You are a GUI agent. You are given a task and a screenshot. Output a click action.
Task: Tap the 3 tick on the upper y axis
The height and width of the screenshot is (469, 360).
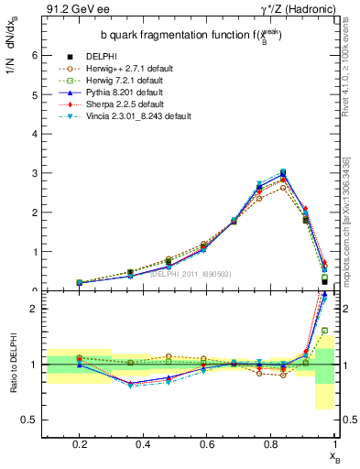[34, 172]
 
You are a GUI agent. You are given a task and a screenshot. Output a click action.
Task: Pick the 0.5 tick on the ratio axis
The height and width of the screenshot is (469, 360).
[30, 420]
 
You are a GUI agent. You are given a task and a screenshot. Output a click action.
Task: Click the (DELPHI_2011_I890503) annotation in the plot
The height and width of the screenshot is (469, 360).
[191, 273]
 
